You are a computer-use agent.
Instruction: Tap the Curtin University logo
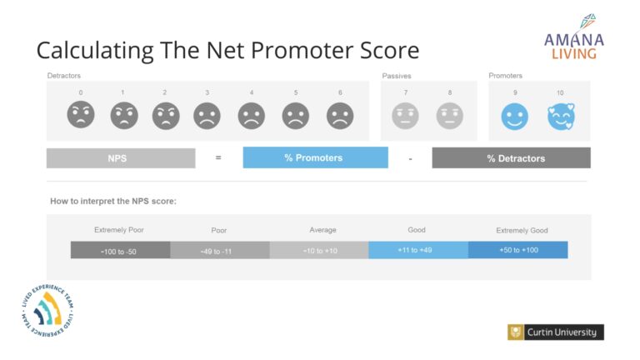click(x=556, y=332)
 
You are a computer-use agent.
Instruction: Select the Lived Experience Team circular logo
click(x=47, y=310)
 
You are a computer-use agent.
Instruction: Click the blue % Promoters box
click(x=316, y=157)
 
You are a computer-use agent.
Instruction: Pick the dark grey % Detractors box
click(x=511, y=158)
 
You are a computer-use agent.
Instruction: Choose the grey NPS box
click(x=121, y=158)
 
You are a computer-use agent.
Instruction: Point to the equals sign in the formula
click(x=218, y=157)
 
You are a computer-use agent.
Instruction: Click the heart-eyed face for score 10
click(x=561, y=117)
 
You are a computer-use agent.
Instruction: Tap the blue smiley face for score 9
click(x=515, y=117)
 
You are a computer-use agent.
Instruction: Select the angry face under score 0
click(x=81, y=115)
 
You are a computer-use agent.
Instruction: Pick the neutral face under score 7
click(x=405, y=116)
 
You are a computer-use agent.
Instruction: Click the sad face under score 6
click(x=340, y=116)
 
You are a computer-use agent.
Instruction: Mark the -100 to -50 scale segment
click(x=120, y=250)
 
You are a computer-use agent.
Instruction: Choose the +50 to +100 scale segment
click(x=518, y=250)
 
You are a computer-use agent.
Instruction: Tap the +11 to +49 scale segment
click(x=418, y=250)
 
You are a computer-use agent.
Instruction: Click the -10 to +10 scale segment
click(x=319, y=250)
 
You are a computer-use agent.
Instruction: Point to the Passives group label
click(x=397, y=76)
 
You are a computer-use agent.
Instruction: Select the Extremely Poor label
click(x=119, y=230)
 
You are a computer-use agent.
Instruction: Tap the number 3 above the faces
click(x=207, y=92)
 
